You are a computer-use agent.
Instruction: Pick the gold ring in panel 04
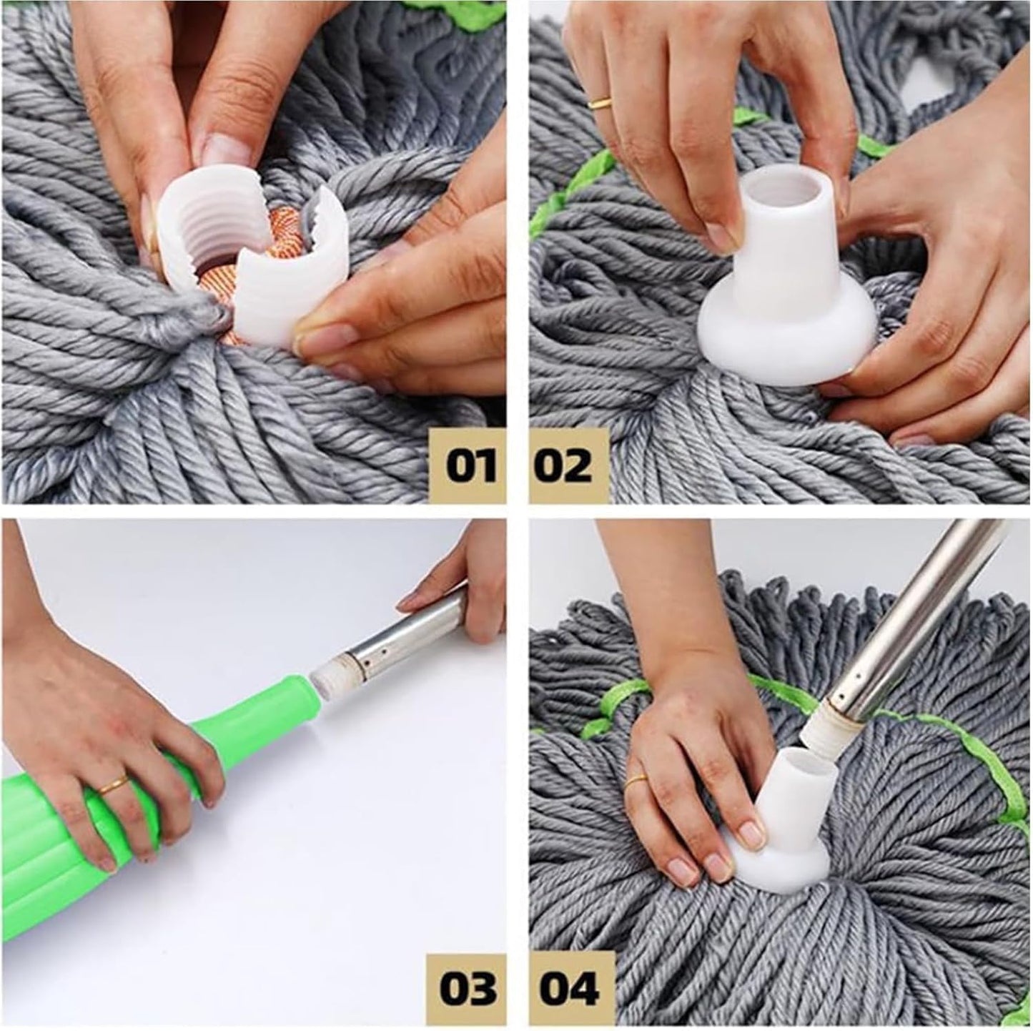click(x=636, y=781)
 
